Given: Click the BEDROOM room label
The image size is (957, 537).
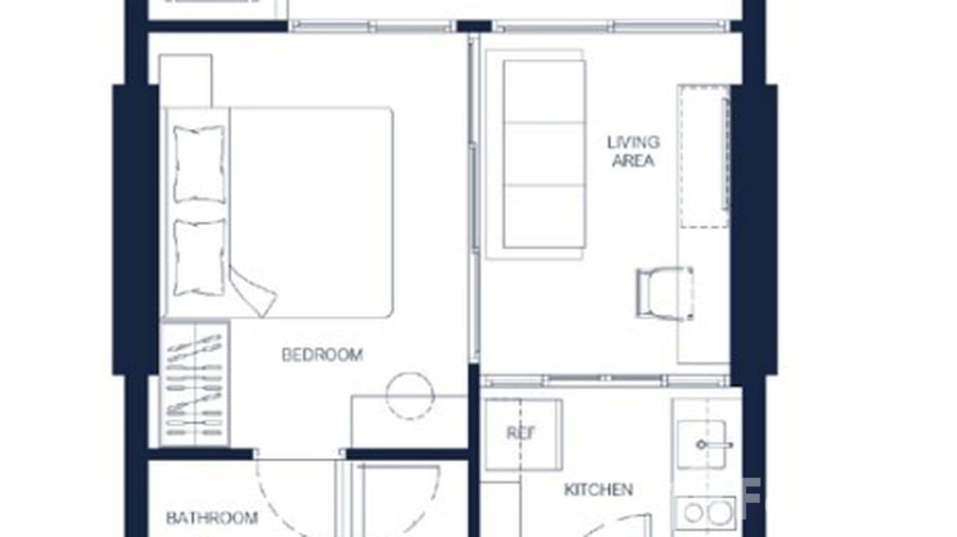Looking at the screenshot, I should point(322,355).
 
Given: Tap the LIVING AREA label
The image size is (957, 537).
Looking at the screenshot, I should point(633,151).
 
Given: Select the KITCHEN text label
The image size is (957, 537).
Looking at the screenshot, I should point(598,490).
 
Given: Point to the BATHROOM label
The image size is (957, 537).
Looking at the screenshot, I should point(211,518).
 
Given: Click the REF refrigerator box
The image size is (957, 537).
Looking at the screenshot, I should point(522,433).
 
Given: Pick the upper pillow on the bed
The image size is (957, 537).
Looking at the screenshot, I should point(198,164).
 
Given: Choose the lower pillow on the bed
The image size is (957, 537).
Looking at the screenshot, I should point(199,256).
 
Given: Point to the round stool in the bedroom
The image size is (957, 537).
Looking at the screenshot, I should point(410,395).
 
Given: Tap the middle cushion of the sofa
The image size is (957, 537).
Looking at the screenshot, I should point(544,153).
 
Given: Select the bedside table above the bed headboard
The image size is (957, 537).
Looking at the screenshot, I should point(185,80).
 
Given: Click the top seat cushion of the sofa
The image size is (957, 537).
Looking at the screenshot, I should point(544,91).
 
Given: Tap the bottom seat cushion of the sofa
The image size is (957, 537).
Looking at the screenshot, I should point(544,216).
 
